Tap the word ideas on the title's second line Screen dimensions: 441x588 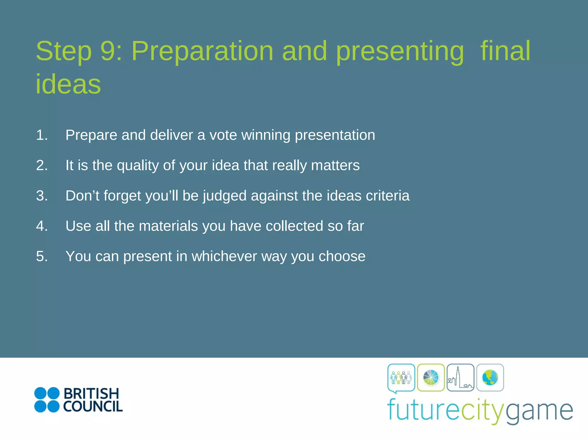coord(68,84)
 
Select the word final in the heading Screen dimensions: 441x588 coord(505,51)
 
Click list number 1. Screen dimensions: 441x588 coord(42,135)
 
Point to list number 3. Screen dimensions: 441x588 coord(42,196)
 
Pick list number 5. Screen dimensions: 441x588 coord(42,256)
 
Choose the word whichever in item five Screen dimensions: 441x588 coord(224,256)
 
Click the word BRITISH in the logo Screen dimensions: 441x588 coord(91,394)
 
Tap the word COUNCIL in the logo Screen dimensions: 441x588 coord(93,407)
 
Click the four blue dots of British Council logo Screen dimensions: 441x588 coord(47,400)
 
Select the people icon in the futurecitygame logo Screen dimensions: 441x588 coord(401,378)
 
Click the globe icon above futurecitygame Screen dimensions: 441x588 coord(490,378)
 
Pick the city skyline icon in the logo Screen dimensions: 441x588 coord(461,378)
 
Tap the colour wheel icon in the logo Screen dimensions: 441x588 coord(431,378)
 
